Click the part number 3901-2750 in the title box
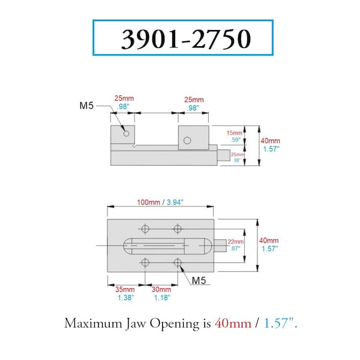click(186, 39)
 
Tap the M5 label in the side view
click(86, 106)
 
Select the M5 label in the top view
click(199, 280)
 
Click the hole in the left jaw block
click(126, 133)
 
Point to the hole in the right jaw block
click(187, 140)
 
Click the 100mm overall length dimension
click(149, 202)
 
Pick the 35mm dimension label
click(125, 289)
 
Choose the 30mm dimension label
click(161, 289)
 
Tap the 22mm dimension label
click(235, 242)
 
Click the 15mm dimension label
click(235, 133)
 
